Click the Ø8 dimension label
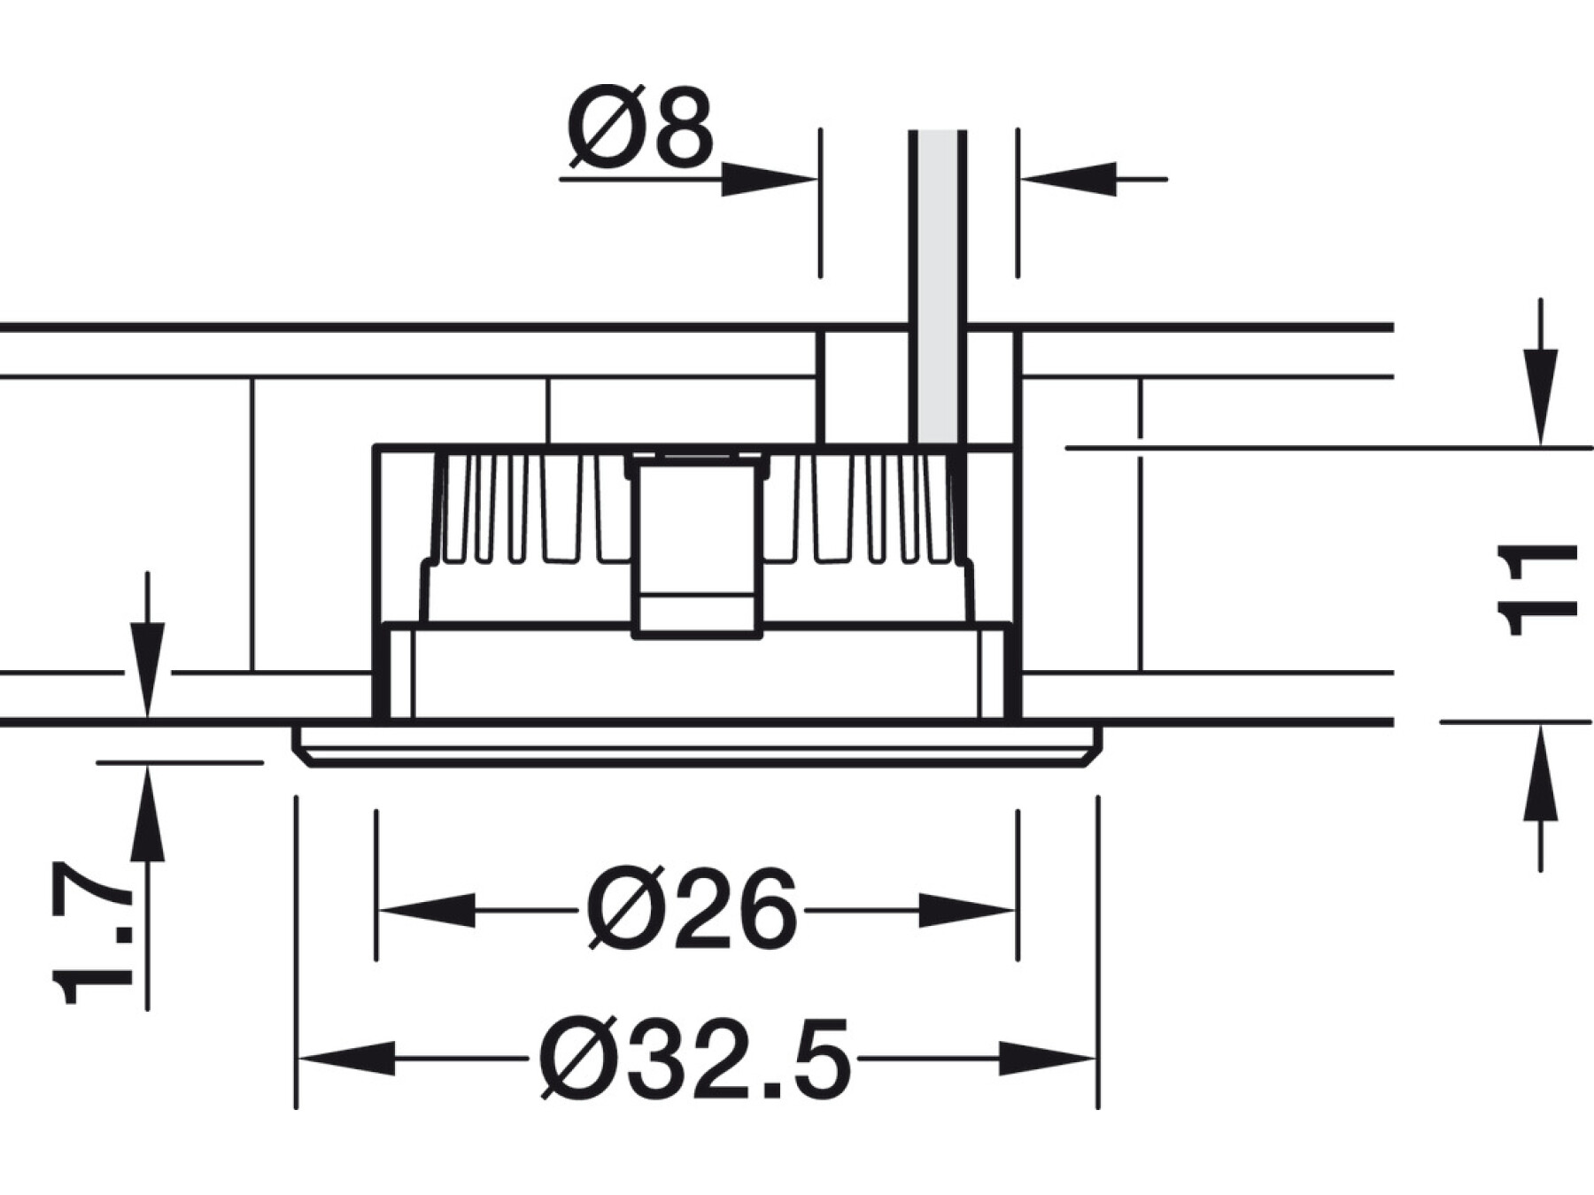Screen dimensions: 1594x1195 [x=639, y=127]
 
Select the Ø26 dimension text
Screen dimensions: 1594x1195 [x=692, y=908]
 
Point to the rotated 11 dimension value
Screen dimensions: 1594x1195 [x=1536, y=590]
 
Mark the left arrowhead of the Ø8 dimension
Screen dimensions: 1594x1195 [x=769, y=179]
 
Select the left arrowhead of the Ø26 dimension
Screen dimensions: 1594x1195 [x=426, y=910]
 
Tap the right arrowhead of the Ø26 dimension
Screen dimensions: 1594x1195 [x=966, y=910]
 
